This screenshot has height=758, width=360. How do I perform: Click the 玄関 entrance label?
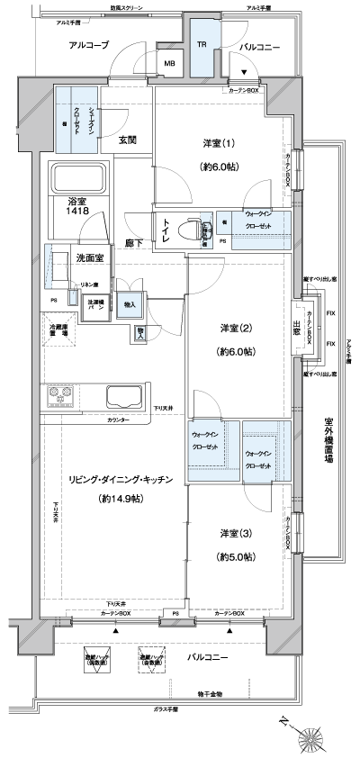(128, 140)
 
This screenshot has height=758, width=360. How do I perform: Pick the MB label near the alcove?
(169, 64)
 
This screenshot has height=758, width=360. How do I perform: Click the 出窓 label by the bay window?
(296, 330)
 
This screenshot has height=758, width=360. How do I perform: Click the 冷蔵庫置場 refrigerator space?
(59, 329)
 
